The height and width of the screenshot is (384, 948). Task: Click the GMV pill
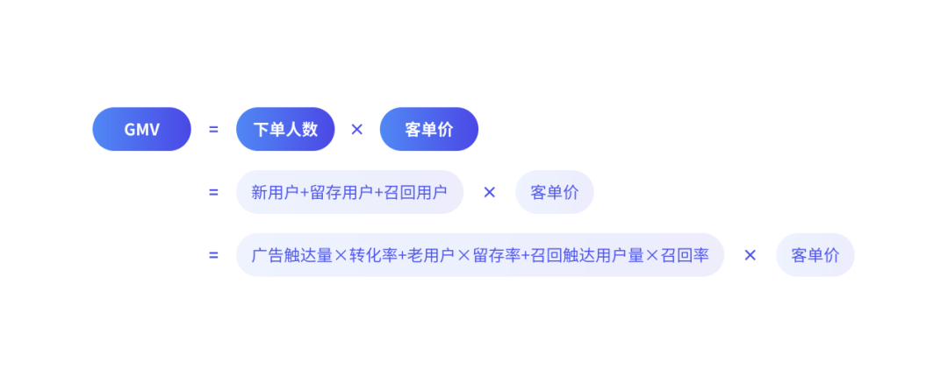[141, 129]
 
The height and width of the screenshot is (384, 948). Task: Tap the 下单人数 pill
[285, 129]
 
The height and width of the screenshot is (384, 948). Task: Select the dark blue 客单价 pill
[429, 129]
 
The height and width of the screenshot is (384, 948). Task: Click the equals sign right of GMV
[213, 129]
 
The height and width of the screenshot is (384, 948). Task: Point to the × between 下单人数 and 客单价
[357, 129]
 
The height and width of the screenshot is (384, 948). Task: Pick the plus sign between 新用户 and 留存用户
[304, 192]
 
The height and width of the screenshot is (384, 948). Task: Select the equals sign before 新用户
[213, 192]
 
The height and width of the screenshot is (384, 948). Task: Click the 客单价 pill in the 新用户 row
[555, 192]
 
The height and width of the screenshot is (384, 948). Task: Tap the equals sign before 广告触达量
[213, 255]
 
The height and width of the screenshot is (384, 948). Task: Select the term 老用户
[431, 255]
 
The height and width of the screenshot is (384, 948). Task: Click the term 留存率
[497, 255]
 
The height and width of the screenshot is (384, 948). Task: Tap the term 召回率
[685, 255]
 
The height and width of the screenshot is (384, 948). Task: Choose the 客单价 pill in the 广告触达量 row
[815, 255]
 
